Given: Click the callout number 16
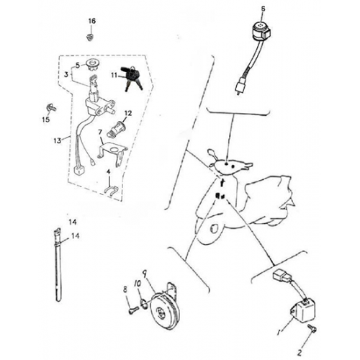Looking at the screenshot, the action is [92, 21].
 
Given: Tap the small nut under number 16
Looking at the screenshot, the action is [90, 37].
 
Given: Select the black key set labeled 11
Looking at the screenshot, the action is [132, 78].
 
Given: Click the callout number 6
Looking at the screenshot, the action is [264, 9].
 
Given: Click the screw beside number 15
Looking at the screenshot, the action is [51, 107].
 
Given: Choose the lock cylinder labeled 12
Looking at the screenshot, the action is [115, 130].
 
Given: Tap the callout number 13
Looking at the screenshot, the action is [57, 140].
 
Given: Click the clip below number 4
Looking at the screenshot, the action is [112, 191].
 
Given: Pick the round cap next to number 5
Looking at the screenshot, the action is [93, 65].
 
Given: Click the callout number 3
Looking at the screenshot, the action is [66, 75].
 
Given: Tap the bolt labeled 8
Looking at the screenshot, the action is [133, 311].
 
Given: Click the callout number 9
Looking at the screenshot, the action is [144, 274].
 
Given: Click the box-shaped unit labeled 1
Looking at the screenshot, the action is [303, 310].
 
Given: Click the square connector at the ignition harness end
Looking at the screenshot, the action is [78, 171].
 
